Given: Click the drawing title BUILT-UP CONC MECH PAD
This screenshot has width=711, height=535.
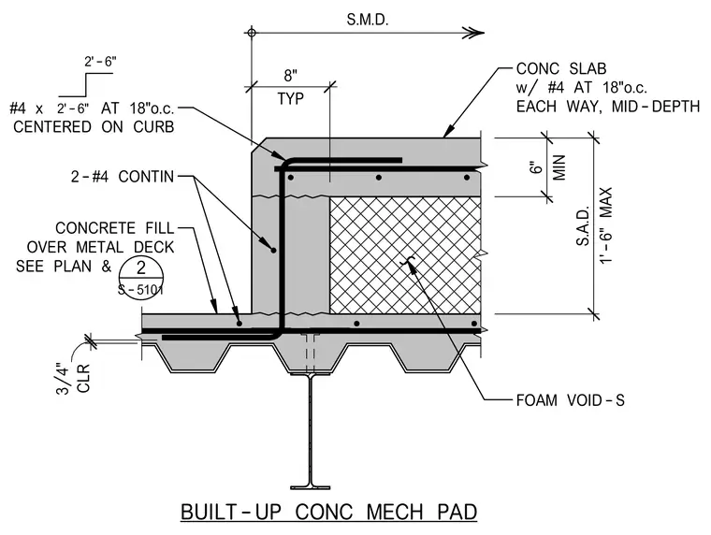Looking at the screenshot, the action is click(328, 513).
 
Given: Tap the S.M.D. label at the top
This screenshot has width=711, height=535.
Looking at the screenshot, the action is click(368, 20).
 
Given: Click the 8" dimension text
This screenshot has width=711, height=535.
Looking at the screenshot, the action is click(291, 75).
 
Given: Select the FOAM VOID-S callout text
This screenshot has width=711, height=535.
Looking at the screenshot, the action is click(571, 400).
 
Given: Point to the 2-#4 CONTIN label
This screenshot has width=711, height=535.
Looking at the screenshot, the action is click(123, 177).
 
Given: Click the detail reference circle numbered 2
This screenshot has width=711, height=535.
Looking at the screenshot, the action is click(141, 277).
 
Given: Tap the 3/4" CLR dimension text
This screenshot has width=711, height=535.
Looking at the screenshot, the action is click(74, 378).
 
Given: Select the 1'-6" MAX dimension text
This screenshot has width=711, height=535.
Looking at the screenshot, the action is click(606, 225).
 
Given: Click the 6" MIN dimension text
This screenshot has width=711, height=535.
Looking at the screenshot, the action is click(548, 167).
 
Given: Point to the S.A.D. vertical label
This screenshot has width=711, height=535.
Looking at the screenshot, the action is click(583, 226).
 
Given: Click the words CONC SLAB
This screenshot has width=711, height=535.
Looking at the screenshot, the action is click(561, 68).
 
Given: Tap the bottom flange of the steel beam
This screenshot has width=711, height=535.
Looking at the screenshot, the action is click(311, 487).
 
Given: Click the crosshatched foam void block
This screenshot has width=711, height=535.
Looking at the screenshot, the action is click(405, 254).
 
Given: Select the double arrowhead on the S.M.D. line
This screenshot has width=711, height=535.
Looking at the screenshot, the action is click(473, 33).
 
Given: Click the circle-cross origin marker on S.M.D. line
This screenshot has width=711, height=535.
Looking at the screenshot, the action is click(252, 33).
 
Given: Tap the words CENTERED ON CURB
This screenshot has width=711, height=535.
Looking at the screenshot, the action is click(94, 127).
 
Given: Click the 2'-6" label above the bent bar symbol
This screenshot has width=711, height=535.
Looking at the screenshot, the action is click(100, 61).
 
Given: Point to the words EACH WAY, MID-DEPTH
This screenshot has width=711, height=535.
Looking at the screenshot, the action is click(608, 107).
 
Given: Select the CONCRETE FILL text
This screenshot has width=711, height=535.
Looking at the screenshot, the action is click(115, 228).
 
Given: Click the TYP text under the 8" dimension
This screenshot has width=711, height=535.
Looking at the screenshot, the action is click(291, 98).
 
